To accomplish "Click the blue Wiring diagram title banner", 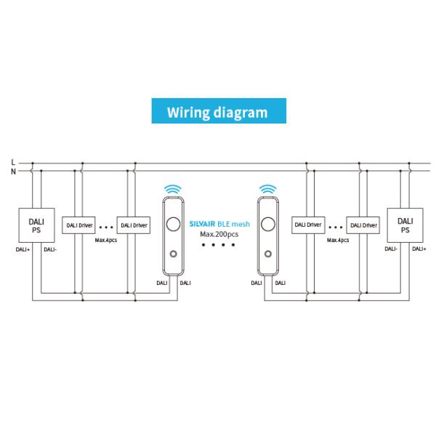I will point(217,113).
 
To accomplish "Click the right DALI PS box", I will point(405,225).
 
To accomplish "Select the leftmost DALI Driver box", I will point(78,225).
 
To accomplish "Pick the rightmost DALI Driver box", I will point(363,225).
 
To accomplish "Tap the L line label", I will point(12,161).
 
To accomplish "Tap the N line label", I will point(12,171).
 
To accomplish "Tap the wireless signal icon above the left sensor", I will point(173,189).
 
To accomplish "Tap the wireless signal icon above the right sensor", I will point(267,189).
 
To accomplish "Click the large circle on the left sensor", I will point(173,224).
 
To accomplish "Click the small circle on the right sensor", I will point(267,254).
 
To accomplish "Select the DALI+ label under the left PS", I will point(22,249).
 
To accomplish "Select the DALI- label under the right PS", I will point(391,249).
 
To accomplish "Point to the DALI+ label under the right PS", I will point(419,249).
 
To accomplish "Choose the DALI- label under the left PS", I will point(49,249).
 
